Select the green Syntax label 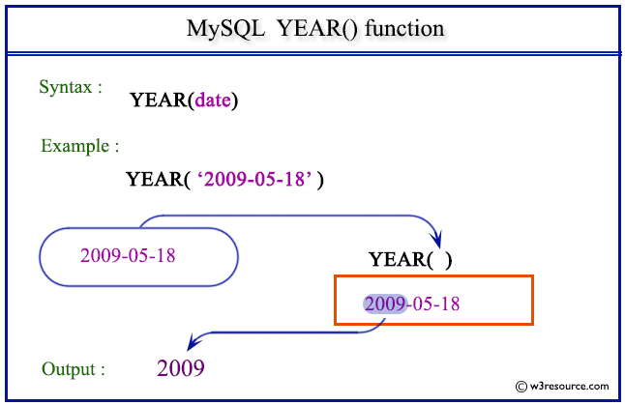(x=71, y=87)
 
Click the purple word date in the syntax (x=215, y=100)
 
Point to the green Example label (x=80, y=147)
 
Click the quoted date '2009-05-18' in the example (x=258, y=179)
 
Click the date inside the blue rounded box (x=128, y=255)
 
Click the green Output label (x=74, y=369)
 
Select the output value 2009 (x=180, y=367)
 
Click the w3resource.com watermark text (x=566, y=384)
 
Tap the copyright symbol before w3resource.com (x=521, y=384)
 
